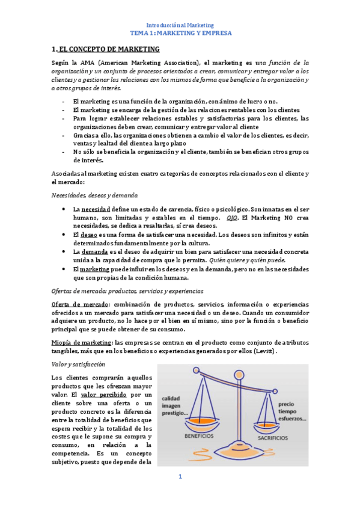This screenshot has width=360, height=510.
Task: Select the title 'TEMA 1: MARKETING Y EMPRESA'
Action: click(180, 34)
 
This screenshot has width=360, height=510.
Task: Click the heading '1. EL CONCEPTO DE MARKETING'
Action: click(106, 50)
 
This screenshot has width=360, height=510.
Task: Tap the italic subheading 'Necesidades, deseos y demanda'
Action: click(94, 195)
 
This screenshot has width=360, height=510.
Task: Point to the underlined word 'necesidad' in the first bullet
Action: click(96, 208)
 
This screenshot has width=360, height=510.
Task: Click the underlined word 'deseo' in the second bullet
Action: click(88, 234)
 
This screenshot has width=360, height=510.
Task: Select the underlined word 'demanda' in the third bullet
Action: click(94, 251)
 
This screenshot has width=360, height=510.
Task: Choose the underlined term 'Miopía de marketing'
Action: click(78, 342)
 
